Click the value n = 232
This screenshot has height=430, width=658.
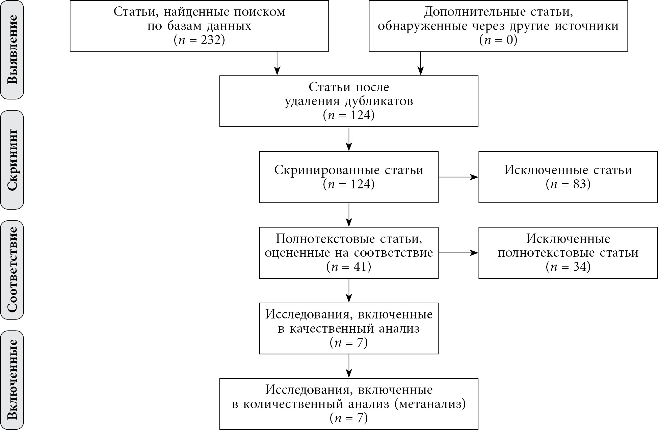point(199,40)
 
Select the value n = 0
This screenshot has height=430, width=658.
point(498,40)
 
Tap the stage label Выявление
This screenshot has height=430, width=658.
point(12,49)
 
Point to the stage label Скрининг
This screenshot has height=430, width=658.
point(12,160)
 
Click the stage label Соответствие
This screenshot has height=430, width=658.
point(12,270)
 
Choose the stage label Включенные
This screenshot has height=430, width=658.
point(12,379)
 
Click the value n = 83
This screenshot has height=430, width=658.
point(568,184)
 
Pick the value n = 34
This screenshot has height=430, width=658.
point(568,267)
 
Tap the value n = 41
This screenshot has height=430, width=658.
point(349,267)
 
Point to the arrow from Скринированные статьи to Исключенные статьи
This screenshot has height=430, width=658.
point(458,177)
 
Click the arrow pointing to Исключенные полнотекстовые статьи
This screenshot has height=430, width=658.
point(458,253)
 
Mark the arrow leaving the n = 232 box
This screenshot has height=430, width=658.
point(277,63)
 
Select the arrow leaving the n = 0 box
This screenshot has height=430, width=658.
point(420,63)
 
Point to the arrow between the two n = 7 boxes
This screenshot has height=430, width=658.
point(349,366)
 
